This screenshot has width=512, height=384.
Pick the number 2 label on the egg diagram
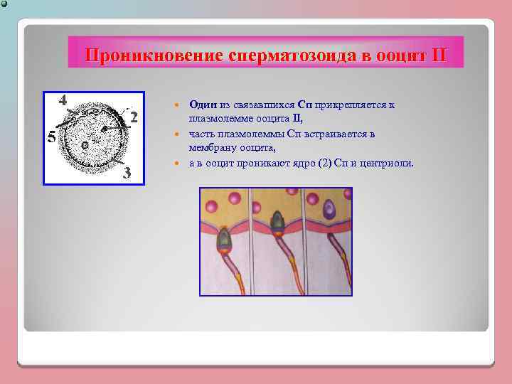click(134, 117)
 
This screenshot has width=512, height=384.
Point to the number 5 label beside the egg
click(50, 138)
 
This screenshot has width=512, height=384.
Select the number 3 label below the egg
click(127, 173)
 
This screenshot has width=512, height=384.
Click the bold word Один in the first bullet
click(203, 105)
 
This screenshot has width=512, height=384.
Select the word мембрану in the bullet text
click(212, 148)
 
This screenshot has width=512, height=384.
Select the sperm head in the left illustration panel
click(223, 238)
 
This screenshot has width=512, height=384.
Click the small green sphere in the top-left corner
click(4, 4)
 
